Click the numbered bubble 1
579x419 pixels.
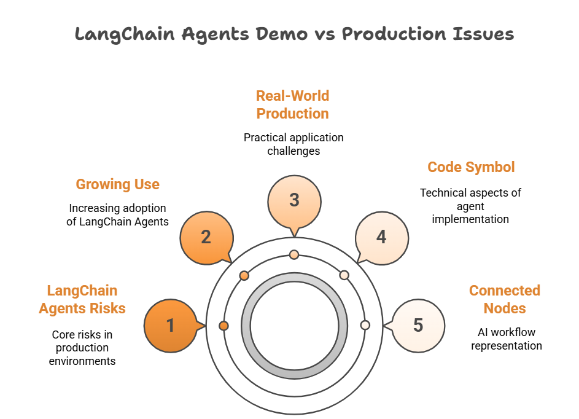[171, 325]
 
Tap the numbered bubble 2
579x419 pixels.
[206, 237]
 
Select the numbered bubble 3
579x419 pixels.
[294, 200]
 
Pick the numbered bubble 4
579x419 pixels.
[382, 237]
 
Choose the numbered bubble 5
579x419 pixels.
[418, 325]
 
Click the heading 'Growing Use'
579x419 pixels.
[117, 184]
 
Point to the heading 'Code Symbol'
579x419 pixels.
[471, 167]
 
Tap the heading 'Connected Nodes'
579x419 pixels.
[505, 299]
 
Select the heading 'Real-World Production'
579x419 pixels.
[293, 104]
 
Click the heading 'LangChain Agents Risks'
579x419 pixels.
[82, 299]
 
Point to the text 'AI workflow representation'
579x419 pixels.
[507, 339]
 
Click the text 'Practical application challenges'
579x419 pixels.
[293, 144]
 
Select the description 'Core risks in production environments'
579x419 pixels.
[82, 348]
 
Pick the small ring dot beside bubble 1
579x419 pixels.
[223, 325]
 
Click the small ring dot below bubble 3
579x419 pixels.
[294, 254]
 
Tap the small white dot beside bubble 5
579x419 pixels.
[365, 325]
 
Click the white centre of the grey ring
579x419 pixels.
[294, 325]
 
